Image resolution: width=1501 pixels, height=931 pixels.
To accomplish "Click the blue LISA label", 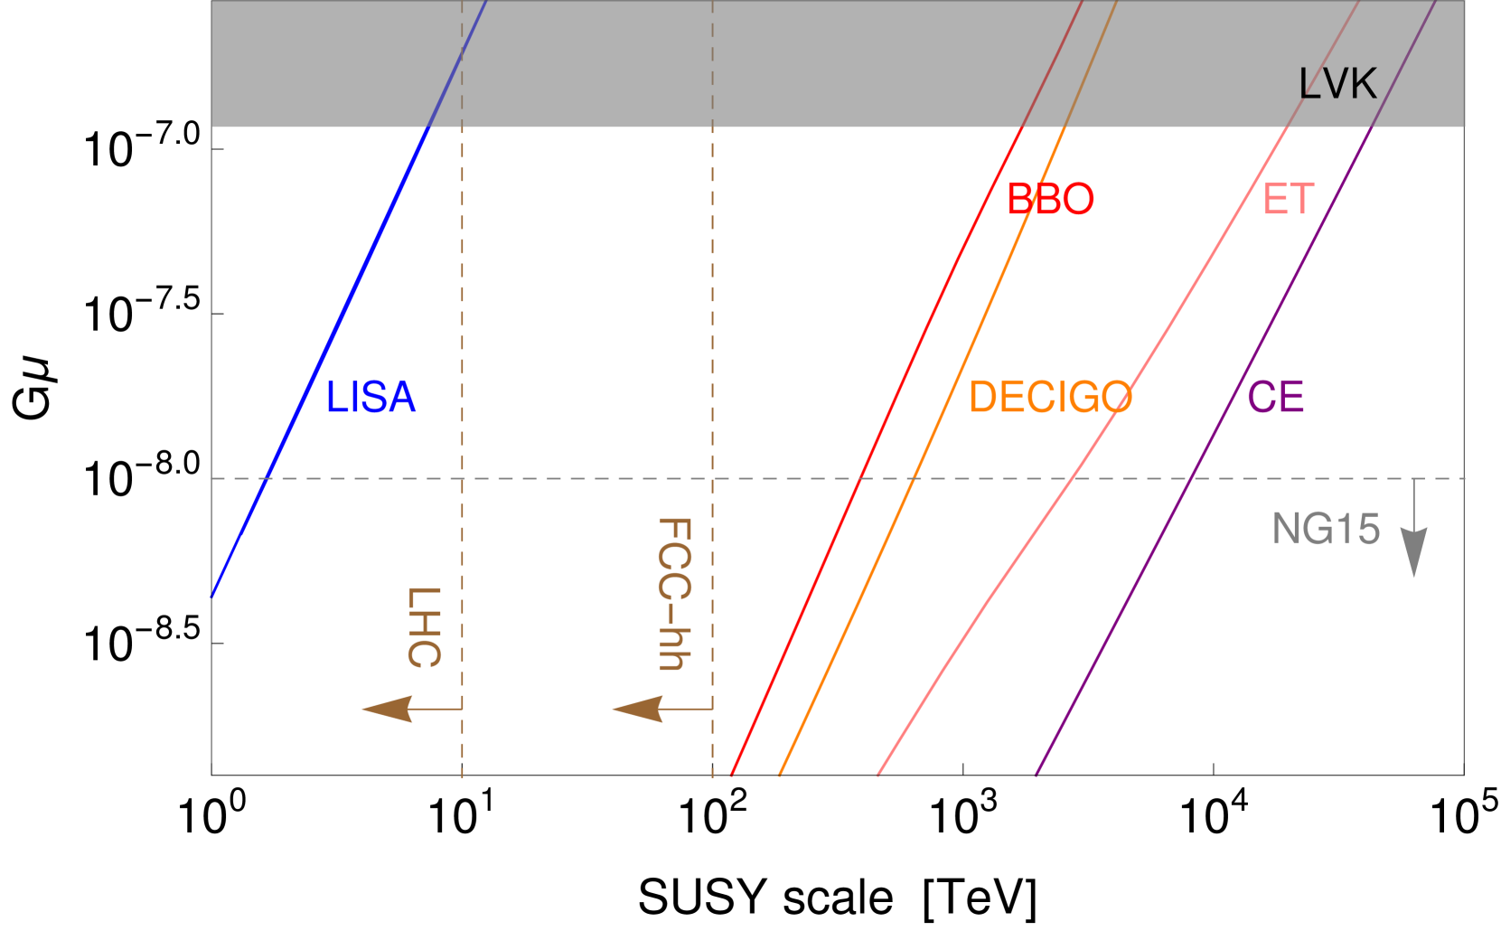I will [371, 398].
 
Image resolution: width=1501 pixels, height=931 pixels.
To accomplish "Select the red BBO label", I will [1050, 200].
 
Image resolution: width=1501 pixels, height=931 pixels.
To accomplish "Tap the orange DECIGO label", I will [1049, 398].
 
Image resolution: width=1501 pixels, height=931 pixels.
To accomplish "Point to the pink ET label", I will [1288, 200].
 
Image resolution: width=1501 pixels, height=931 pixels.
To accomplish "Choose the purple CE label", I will [1275, 398].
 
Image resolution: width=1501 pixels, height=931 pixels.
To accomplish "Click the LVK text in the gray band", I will [1337, 85].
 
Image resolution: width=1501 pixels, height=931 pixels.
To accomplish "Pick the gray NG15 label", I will [1326, 529].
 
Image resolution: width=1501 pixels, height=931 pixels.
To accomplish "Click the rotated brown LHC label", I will [424, 626].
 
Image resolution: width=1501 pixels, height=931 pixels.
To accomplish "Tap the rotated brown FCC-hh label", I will [674, 594].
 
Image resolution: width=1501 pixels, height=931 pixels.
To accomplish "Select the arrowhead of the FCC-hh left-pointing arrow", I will [636, 709].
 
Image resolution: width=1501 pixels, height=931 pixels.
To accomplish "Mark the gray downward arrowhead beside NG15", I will [1413, 553].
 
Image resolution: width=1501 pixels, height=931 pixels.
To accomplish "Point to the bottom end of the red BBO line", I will [731, 775].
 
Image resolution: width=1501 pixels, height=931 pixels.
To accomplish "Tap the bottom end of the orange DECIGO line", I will [780, 775].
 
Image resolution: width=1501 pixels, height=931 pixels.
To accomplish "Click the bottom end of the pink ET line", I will [878, 775].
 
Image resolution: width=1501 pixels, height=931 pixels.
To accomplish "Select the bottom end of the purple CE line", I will [1036, 775].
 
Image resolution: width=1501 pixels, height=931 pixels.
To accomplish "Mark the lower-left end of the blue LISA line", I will [212, 596].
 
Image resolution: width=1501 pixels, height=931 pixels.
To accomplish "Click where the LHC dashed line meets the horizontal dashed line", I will [462, 478].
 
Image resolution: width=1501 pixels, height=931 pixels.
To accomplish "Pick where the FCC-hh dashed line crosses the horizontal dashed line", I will [712, 478].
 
